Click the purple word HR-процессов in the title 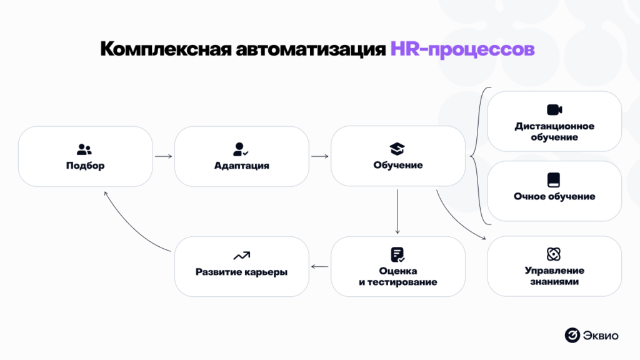pos(462,49)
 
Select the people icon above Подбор pos(84,149)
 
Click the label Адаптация pos(241,166)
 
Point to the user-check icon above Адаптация pos(241,149)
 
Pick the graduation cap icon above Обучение pos(397,149)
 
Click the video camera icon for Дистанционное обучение pos(554,110)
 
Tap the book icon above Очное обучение pos(554,180)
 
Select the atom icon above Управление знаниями pos(554,254)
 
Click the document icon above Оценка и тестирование pos(397,254)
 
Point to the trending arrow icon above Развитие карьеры pos(241,256)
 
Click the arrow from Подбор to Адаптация pos(163,157)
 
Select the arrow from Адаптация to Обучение pos(319,157)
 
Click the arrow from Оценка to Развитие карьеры pos(319,267)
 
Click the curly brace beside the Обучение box pos(478,156)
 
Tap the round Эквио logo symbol pos(572,336)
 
